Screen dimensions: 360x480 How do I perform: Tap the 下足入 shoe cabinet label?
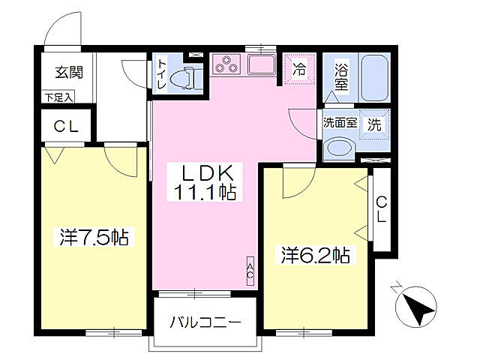pos(58,96)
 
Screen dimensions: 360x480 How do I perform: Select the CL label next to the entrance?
pos(66,127)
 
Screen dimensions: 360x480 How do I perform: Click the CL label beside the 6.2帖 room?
pos(381,208)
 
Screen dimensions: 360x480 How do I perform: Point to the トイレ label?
pos(162,74)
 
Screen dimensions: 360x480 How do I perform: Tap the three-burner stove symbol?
pos(226,65)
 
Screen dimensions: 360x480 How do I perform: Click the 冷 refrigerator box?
pos(299,70)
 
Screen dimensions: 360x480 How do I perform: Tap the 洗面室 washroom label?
pos(340,122)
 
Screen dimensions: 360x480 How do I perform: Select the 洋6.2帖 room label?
pos(315,255)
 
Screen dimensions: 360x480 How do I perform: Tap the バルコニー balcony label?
pos(205,324)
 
